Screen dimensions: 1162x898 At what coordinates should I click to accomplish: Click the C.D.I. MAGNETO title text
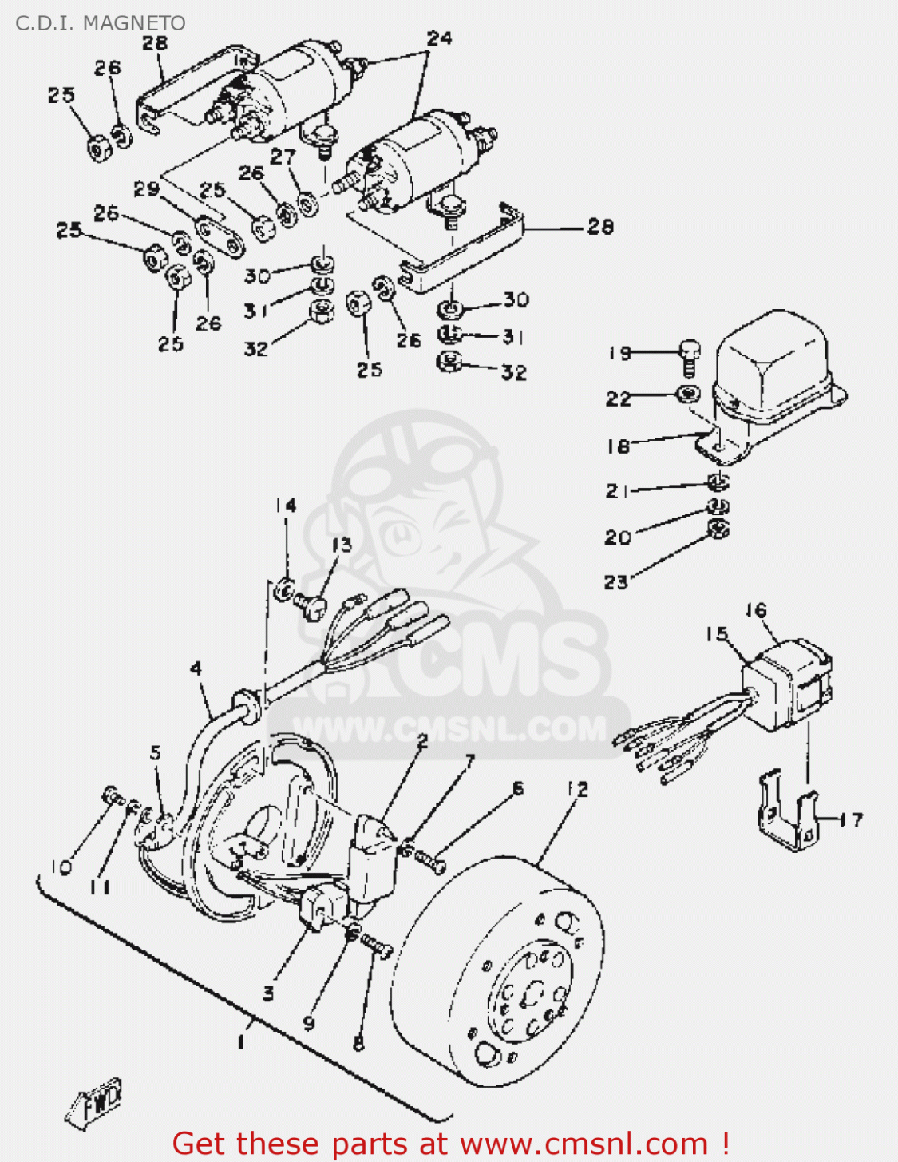tap(100, 22)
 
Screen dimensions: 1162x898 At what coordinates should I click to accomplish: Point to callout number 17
tap(853, 819)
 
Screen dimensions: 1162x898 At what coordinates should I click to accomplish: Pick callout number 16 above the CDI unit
tap(756, 611)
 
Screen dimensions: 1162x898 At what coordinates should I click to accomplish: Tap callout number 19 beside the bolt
tap(620, 353)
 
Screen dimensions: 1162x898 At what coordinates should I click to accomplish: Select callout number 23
tap(615, 582)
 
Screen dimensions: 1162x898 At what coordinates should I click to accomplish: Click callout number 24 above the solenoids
tap(439, 38)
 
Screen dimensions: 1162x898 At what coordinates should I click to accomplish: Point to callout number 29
tap(146, 190)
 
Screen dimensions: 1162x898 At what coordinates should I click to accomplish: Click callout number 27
tap(283, 157)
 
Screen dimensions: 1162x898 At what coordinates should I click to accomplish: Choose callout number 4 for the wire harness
tap(196, 668)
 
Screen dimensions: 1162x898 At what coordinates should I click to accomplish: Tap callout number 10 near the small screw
tap(61, 867)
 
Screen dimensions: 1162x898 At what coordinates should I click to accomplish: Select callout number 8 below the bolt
tap(358, 1043)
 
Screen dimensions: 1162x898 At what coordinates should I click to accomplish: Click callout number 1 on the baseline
tap(241, 1041)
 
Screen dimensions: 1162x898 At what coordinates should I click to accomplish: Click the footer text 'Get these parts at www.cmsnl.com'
tap(450, 1144)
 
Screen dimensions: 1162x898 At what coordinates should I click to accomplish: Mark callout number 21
tap(616, 491)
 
